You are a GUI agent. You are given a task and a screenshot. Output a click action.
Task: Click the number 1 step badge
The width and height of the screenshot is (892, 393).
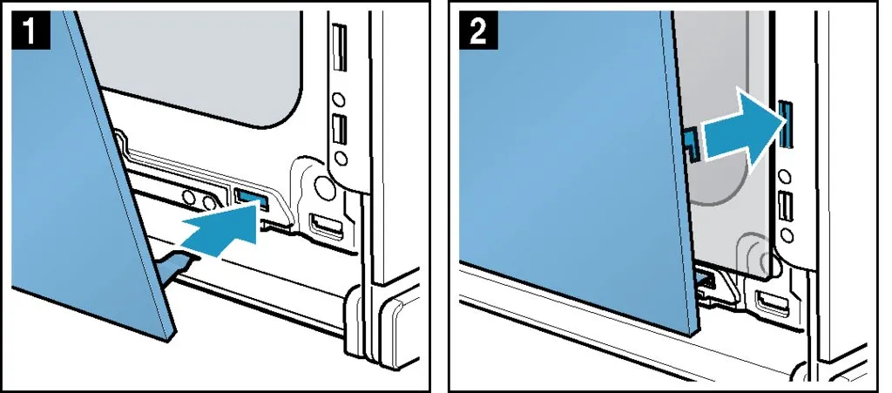tap(30, 31)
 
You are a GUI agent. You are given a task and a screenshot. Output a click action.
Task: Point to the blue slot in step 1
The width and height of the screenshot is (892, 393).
tap(250, 197)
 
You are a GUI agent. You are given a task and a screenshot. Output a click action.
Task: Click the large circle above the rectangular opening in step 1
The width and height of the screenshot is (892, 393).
tap(325, 186)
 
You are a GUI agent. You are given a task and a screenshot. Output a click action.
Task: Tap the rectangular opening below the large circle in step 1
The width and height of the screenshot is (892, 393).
tap(325, 225)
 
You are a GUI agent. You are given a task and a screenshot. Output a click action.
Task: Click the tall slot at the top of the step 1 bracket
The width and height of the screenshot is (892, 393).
tap(340, 47)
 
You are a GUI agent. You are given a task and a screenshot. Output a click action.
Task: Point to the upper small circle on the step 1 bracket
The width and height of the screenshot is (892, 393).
tap(339, 100)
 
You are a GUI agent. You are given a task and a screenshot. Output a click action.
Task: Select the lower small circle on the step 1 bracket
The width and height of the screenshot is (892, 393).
tap(340, 157)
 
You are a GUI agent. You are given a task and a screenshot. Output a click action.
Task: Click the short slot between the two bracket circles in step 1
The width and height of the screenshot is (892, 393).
tap(339, 129)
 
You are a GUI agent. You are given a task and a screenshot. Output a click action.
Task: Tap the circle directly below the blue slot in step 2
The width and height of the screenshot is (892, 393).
tap(787, 176)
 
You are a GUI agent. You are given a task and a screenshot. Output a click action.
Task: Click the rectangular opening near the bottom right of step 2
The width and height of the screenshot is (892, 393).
tap(772, 302)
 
